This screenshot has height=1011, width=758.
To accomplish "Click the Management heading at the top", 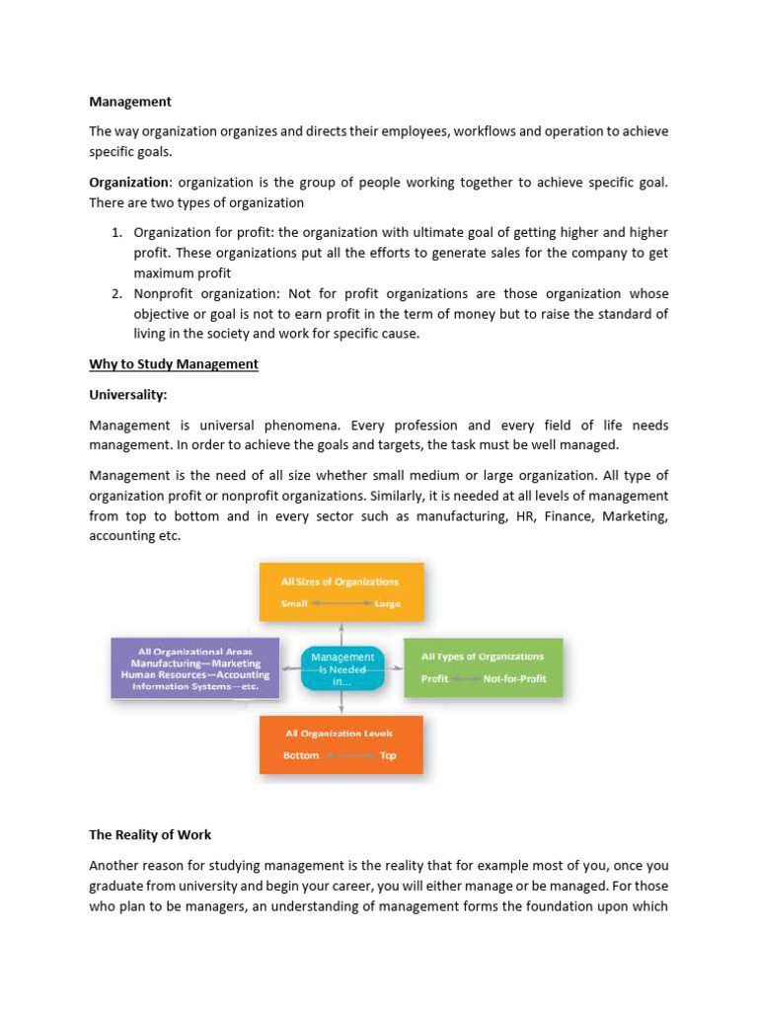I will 130,102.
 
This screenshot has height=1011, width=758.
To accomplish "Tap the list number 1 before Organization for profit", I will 114,233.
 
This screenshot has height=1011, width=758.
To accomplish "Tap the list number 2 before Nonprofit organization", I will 114,294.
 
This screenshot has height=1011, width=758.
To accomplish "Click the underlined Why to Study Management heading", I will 174,364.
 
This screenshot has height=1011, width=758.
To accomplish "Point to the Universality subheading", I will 128,395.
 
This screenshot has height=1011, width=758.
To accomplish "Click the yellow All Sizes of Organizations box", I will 341,592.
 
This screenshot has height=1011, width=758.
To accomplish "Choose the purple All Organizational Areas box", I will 194,668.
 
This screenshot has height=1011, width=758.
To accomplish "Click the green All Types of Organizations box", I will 483,667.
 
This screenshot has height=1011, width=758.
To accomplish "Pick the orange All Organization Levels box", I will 341,744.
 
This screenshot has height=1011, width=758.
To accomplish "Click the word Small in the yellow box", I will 295,603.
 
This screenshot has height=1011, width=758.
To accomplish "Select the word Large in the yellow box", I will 387,603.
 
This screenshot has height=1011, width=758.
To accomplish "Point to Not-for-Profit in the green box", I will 514,679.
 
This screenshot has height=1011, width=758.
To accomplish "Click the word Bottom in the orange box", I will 301,755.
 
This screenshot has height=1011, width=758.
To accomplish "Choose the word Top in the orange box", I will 388,755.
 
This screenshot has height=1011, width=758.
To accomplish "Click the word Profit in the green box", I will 435,679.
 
